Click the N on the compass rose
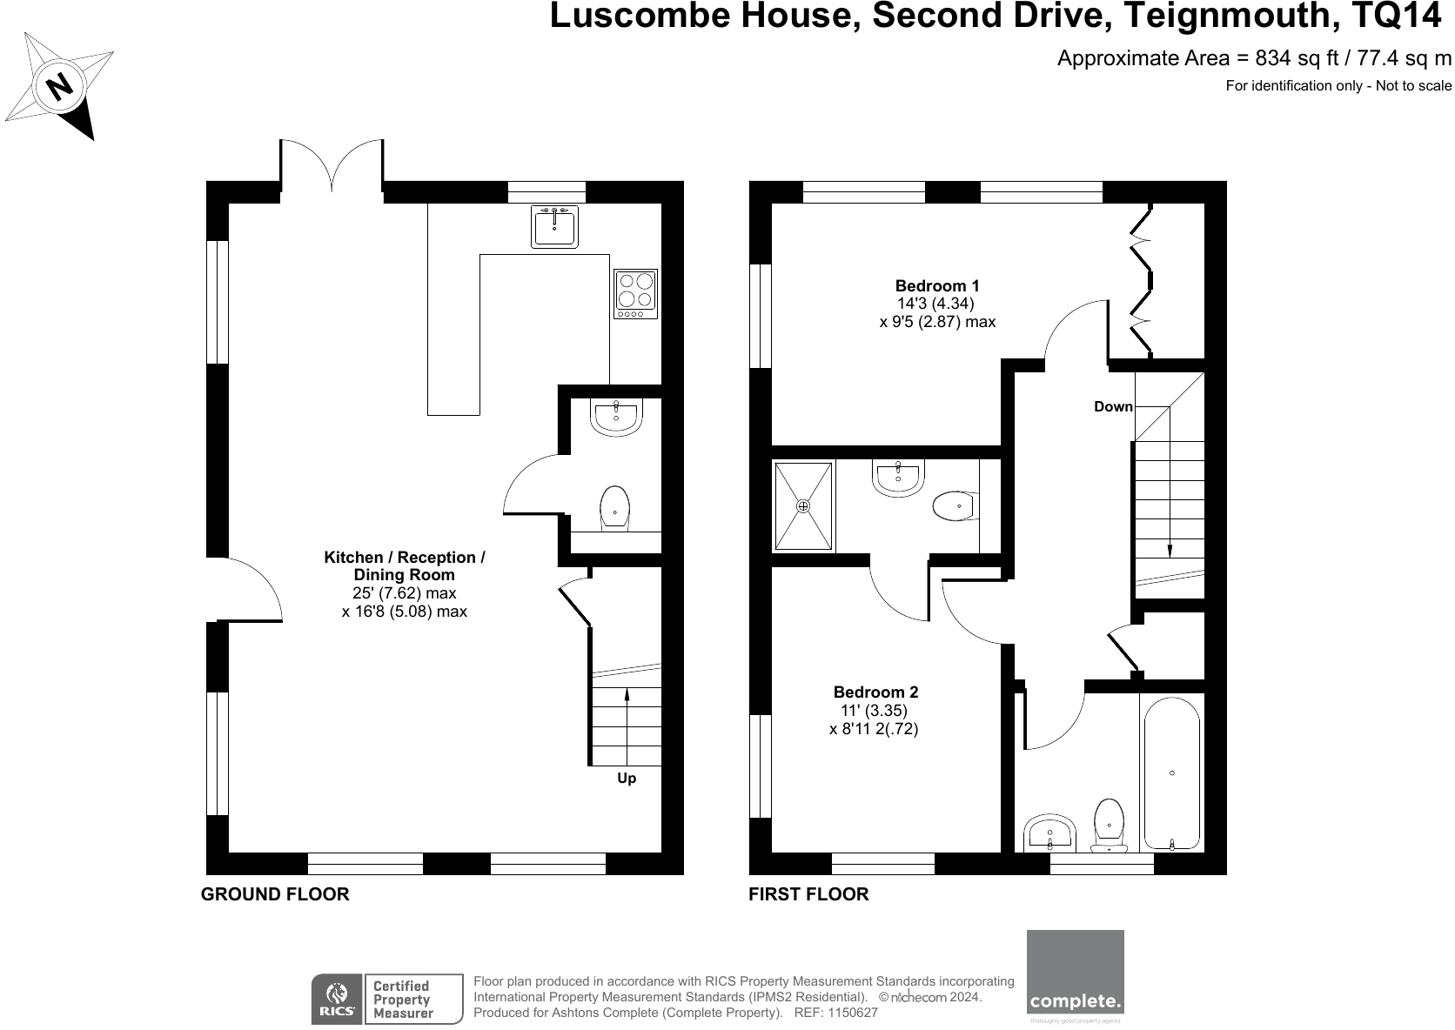[59, 86]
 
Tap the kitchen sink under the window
[554, 228]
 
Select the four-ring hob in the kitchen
[635, 292]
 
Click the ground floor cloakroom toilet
[615, 505]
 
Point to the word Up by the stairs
[627, 779]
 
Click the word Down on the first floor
[1113, 407]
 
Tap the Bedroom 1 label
[937, 285]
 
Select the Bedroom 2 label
[875, 692]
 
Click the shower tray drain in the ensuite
[803, 505]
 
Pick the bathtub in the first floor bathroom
[1171, 772]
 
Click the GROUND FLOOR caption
[275, 894]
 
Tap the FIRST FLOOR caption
[808, 894]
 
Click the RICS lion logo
[335, 998]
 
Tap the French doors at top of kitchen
[332, 167]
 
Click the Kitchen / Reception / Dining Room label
[405, 565]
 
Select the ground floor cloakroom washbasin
[616, 417]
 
